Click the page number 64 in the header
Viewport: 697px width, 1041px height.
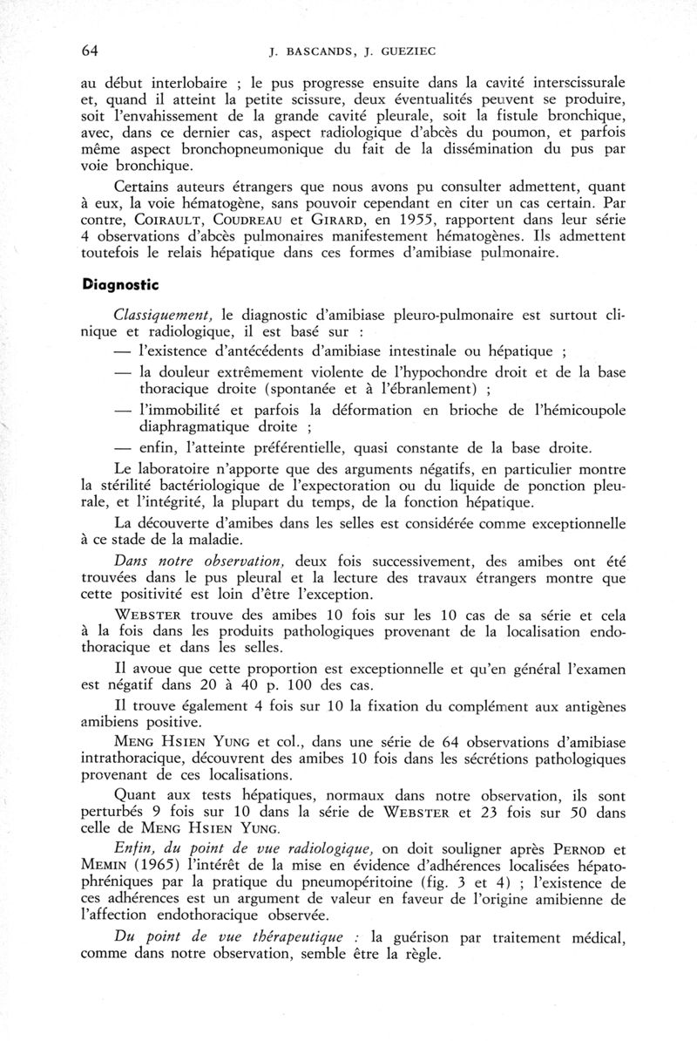click(88, 50)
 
